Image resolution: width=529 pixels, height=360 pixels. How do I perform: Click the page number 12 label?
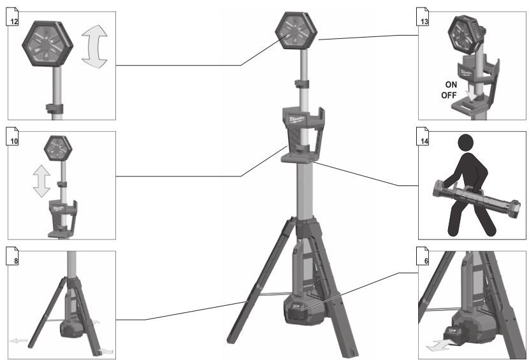click(x=14, y=22)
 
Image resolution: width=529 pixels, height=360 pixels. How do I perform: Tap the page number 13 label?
click(x=424, y=22)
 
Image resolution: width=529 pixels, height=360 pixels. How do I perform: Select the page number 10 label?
click(x=14, y=141)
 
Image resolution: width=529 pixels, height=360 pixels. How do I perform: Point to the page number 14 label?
click(x=424, y=141)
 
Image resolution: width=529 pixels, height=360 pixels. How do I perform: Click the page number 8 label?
click(x=16, y=261)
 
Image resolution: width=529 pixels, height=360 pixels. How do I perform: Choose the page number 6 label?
click(x=426, y=261)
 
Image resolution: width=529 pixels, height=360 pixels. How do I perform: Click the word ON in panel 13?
click(x=451, y=84)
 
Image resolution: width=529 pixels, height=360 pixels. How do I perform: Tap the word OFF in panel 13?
click(x=449, y=95)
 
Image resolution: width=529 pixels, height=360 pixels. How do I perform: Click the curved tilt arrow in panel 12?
click(x=94, y=47)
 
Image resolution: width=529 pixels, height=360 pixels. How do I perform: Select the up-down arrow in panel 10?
click(x=42, y=181)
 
